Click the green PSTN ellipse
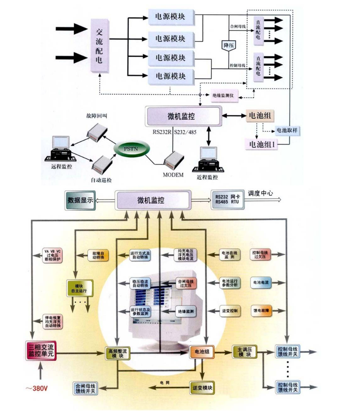tap(130, 149)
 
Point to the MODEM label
tap(173, 175)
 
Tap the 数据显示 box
tap(80, 200)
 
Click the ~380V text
tap(39, 388)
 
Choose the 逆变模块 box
tap(202, 387)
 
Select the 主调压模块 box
tap(245, 351)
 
